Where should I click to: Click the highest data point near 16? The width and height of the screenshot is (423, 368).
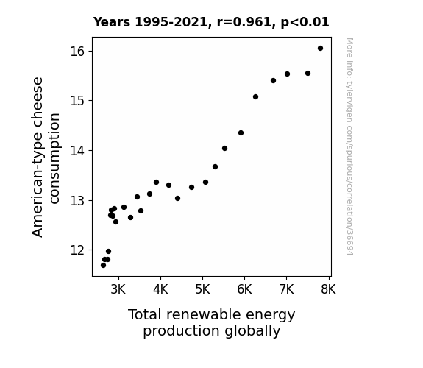pos(320,49)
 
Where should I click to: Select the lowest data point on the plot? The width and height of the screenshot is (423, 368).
pos(103,266)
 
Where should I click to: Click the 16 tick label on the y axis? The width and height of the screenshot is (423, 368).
pos(78,52)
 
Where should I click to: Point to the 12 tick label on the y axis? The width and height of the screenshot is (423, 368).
pos(78,250)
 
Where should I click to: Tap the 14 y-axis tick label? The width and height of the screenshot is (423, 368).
pos(78,150)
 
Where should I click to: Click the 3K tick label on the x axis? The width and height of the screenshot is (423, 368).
pos(118,289)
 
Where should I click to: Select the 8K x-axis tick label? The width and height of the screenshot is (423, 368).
pos(328,289)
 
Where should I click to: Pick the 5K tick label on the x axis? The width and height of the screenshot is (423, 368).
pos(202,289)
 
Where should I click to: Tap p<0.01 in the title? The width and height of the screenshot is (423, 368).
pos(305,23)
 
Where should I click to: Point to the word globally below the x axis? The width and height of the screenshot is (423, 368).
pos(252,331)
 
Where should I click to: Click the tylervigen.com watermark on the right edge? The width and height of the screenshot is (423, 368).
pos(349,146)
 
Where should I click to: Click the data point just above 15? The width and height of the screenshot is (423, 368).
pos(255,96)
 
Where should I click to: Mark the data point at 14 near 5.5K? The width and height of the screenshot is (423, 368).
pos(224,148)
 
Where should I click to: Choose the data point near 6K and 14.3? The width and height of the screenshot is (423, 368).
pos(241,132)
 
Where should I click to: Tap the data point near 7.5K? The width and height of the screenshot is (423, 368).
pos(308,73)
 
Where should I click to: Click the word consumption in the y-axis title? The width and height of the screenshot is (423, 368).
pos(54,158)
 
